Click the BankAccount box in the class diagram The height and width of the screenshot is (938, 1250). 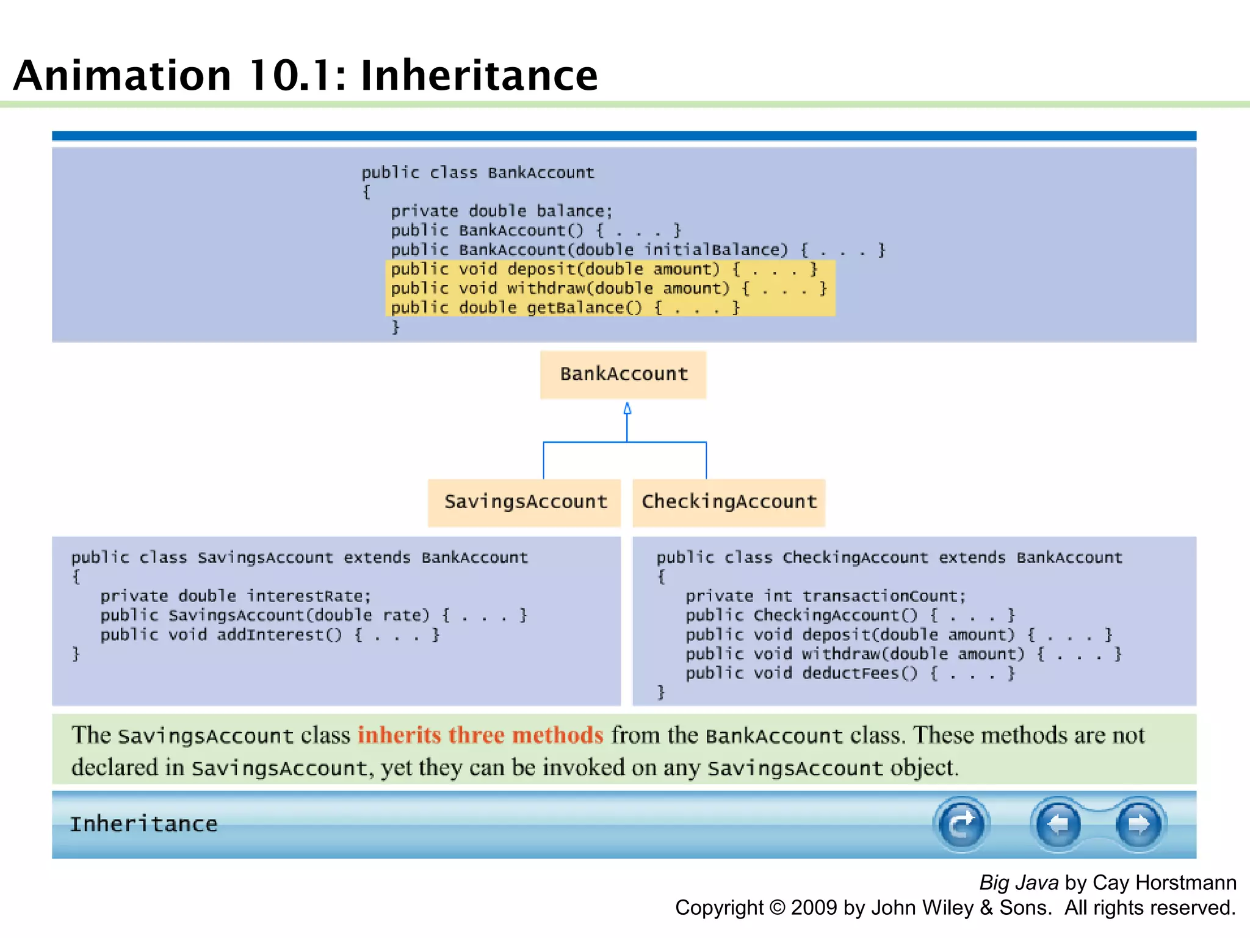(623, 374)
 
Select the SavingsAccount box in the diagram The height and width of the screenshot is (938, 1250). (524, 502)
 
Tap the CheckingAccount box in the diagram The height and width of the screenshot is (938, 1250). (729, 502)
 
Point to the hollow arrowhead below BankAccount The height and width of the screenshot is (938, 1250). (627, 409)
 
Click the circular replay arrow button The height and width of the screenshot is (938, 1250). (961, 824)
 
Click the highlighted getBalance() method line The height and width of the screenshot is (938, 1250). (565, 307)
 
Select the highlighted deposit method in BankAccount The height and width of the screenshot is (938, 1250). (603, 269)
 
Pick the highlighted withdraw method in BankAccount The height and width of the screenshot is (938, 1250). (608, 288)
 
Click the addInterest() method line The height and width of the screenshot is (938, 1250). (269, 635)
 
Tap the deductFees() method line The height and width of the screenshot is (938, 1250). (849, 674)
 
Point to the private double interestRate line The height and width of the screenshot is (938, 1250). (235, 596)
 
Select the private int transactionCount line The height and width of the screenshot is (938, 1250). (825, 596)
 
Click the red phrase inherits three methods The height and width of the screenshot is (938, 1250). (480, 735)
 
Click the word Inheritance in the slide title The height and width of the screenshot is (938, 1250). (479, 76)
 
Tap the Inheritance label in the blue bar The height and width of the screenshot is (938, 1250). (144, 824)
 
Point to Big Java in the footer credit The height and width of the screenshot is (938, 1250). (1018, 883)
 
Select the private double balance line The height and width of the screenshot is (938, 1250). (500, 211)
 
